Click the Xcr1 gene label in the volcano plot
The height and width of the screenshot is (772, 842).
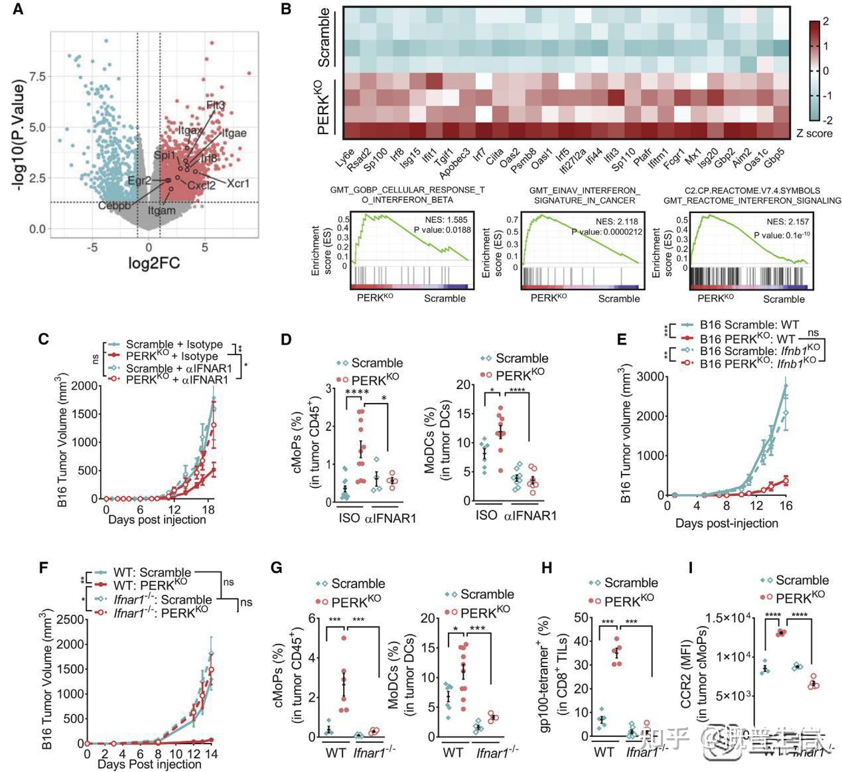coord(238,183)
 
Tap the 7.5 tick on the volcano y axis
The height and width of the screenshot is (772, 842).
coord(38,77)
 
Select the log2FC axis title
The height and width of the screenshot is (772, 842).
coord(154,263)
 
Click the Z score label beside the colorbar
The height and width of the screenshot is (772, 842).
coord(815,133)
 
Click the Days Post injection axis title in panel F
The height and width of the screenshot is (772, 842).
coord(149,764)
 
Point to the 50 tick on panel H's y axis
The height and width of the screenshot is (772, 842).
coord(583,618)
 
